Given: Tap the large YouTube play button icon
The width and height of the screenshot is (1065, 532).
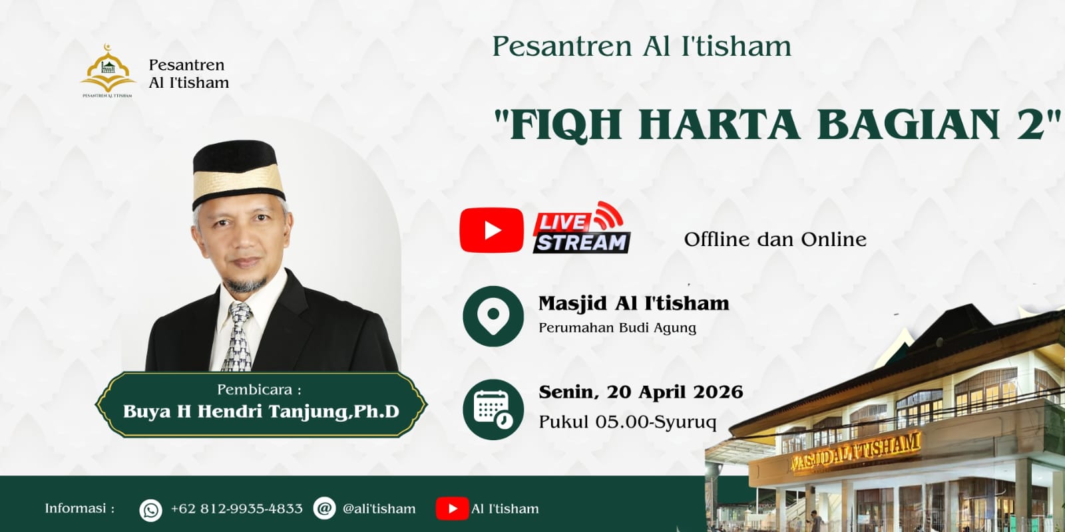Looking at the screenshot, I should [x=491, y=230].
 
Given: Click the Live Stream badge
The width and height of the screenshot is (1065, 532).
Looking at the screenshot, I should [x=581, y=229].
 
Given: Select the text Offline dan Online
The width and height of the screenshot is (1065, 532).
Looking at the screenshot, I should [x=775, y=239].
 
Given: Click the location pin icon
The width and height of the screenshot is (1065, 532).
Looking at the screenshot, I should [x=493, y=316].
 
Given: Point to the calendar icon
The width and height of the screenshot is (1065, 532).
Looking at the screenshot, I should [x=493, y=409].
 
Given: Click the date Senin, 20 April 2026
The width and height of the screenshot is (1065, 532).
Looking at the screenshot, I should [x=640, y=392].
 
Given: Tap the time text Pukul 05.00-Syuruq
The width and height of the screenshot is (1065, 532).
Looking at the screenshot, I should [x=627, y=422].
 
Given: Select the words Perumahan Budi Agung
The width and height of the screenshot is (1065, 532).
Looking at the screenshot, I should [x=617, y=328].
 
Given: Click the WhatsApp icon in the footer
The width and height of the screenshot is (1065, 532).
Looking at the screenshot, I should [x=151, y=509].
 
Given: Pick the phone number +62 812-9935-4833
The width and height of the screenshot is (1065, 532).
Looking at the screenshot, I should [x=236, y=509].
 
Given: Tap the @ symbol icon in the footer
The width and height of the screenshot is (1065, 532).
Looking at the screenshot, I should [x=324, y=509].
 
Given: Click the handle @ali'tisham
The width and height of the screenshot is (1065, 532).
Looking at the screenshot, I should [x=379, y=509].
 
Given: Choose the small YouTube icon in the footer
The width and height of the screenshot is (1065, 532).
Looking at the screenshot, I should [x=452, y=509].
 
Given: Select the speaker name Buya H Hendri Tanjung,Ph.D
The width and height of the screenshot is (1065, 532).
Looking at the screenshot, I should [x=261, y=412].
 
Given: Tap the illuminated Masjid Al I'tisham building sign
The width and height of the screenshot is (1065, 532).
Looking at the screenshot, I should [x=855, y=452].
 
